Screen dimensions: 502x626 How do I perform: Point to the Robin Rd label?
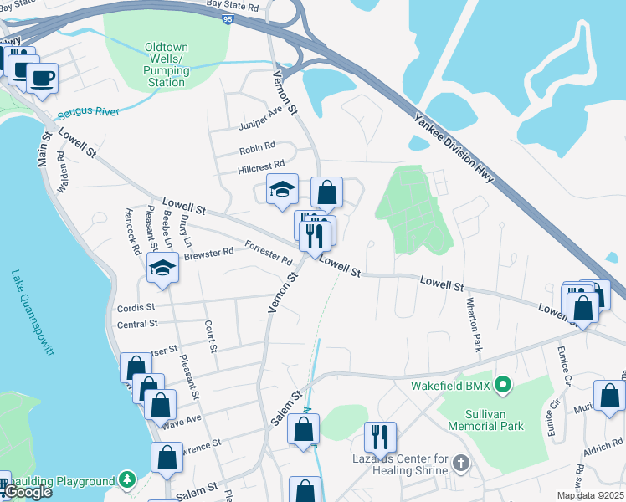[257, 146]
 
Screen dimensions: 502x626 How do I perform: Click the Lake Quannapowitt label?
[33, 313]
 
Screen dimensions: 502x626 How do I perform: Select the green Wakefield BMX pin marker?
[502, 386]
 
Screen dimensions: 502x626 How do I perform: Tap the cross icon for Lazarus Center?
[460, 462]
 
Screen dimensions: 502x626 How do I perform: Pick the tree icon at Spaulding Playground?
[126, 480]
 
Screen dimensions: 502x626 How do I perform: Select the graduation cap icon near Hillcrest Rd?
[282, 189]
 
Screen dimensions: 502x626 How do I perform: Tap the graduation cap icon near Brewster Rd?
[162, 268]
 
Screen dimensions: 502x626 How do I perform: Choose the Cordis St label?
[137, 307]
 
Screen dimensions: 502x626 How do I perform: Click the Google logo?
[28, 492]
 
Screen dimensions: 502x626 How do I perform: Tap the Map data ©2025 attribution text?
[590, 495]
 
